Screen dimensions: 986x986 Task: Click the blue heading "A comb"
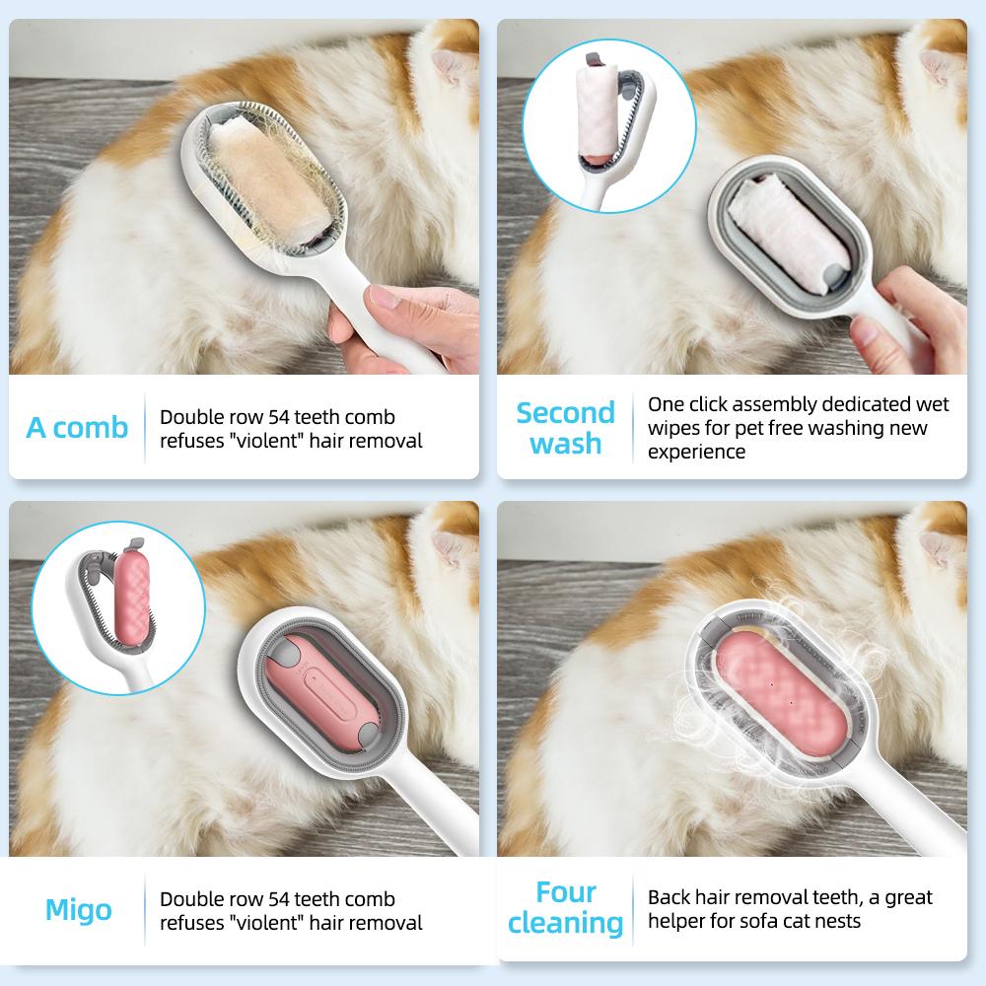[77, 428]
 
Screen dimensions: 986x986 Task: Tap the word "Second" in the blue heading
[565, 412]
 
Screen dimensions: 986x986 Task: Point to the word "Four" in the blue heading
[566, 892]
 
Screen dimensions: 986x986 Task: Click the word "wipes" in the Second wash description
[671, 428]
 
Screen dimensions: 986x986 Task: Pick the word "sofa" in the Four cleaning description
[749, 921]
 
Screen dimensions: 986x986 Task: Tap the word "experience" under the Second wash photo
[696, 452]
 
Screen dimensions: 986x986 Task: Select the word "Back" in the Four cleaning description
[669, 897]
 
